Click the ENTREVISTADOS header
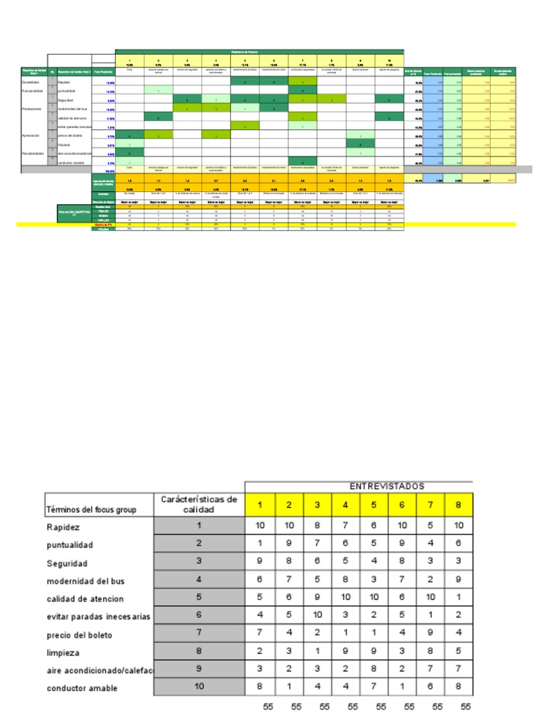click(387, 486)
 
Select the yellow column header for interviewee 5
click(373, 505)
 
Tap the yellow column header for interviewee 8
click(459, 505)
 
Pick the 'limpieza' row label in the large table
click(63, 652)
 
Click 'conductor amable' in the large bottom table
click(82, 688)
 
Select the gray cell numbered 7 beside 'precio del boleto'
click(199, 634)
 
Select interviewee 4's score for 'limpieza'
click(345, 652)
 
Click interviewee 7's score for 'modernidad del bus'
click(430, 580)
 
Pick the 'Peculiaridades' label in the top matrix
click(33, 152)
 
